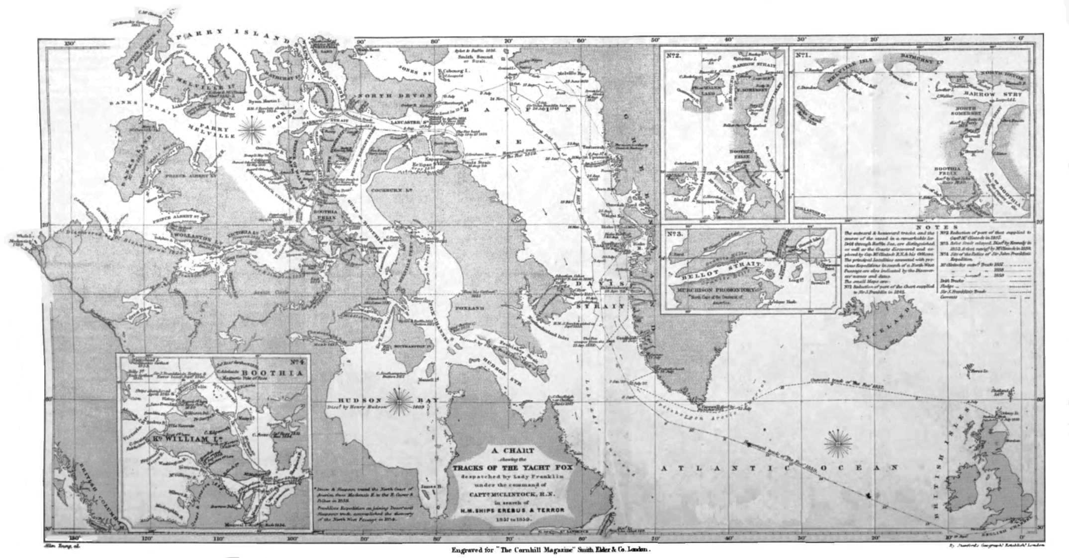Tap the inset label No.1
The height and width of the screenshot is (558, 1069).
click(801, 55)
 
